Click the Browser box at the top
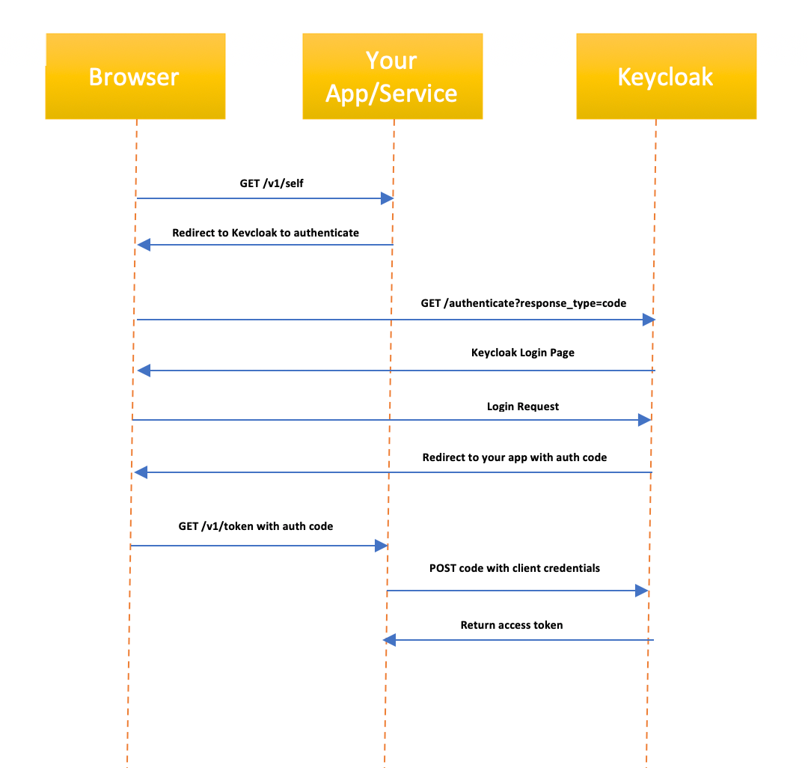pos(135,76)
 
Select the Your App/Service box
pos(392,76)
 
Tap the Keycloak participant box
pos(666,76)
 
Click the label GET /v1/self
pos(266,183)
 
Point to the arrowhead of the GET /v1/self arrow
pos(388,198)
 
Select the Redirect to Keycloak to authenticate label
pos(266,233)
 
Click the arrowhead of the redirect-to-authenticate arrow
pos(144,245)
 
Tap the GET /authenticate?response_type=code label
pos(524,303)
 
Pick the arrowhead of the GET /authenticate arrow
pos(649,320)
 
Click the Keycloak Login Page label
pos(523,353)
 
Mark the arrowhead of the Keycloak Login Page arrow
pos(144,371)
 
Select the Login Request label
pos(523,406)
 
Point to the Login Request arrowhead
pos(644,420)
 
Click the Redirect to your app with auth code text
pos(515,457)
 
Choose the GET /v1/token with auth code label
pos(256,526)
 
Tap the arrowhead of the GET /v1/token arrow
pos(381,546)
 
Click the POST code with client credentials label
pos(515,568)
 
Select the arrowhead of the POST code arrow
pos(641,591)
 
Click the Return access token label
pos(512,625)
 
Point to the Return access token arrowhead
pos(390,640)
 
